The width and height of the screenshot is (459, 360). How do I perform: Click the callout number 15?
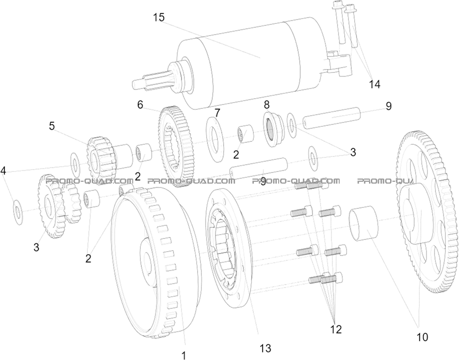(x=159, y=18)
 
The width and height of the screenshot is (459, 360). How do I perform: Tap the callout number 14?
(x=374, y=84)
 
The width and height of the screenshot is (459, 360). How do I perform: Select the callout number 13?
(x=265, y=347)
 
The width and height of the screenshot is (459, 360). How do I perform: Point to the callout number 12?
(x=336, y=329)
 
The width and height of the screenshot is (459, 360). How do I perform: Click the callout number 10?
(x=422, y=337)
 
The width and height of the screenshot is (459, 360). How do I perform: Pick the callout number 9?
(x=388, y=106)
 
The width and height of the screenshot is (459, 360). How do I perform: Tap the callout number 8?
(x=267, y=104)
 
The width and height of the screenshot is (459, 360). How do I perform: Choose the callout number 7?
(x=217, y=112)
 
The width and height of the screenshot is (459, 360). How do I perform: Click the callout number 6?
(x=140, y=105)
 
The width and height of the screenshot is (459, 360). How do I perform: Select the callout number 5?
(x=52, y=126)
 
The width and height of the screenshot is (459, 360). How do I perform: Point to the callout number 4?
(x=4, y=171)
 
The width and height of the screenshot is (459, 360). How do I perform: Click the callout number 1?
(x=183, y=355)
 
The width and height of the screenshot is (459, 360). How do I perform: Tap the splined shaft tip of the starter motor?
(x=144, y=82)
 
